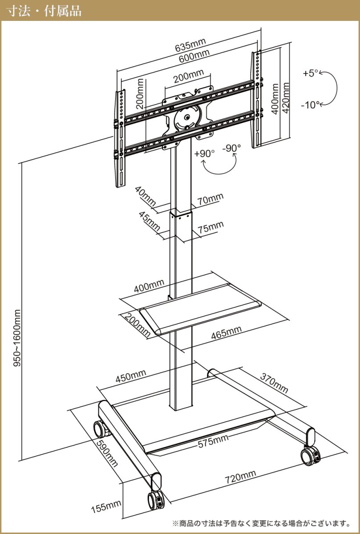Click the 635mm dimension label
click(x=190, y=44)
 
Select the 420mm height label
click(x=287, y=98)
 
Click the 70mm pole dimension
click(x=210, y=198)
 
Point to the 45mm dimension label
click(x=150, y=221)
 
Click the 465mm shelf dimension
click(x=227, y=332)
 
